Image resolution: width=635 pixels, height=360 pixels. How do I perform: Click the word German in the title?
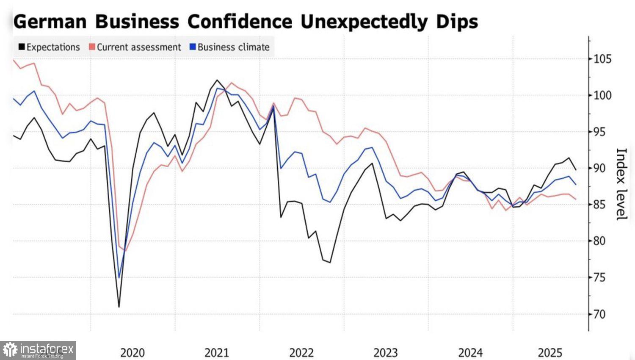[50, 21]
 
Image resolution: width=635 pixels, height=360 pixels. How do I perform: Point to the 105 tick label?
[602, 59]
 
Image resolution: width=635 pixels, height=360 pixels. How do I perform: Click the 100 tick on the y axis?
[602, 95]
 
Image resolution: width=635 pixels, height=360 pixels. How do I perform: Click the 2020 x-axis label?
[133, 352]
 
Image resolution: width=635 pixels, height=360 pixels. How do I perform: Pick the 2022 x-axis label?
[301, 352]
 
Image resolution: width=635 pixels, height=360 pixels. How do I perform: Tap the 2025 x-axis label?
[550, 352]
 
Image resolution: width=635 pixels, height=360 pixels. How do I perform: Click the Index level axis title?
[621, 184]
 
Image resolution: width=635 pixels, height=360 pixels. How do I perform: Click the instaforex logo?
[38, 350]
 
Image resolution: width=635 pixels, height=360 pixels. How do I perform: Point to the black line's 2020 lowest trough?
[119, 307]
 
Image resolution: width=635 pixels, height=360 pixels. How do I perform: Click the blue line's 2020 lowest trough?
[119, 278]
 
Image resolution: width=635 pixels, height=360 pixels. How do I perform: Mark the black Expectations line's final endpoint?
[576, 170]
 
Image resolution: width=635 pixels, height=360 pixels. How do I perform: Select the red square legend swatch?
[92, 47]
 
